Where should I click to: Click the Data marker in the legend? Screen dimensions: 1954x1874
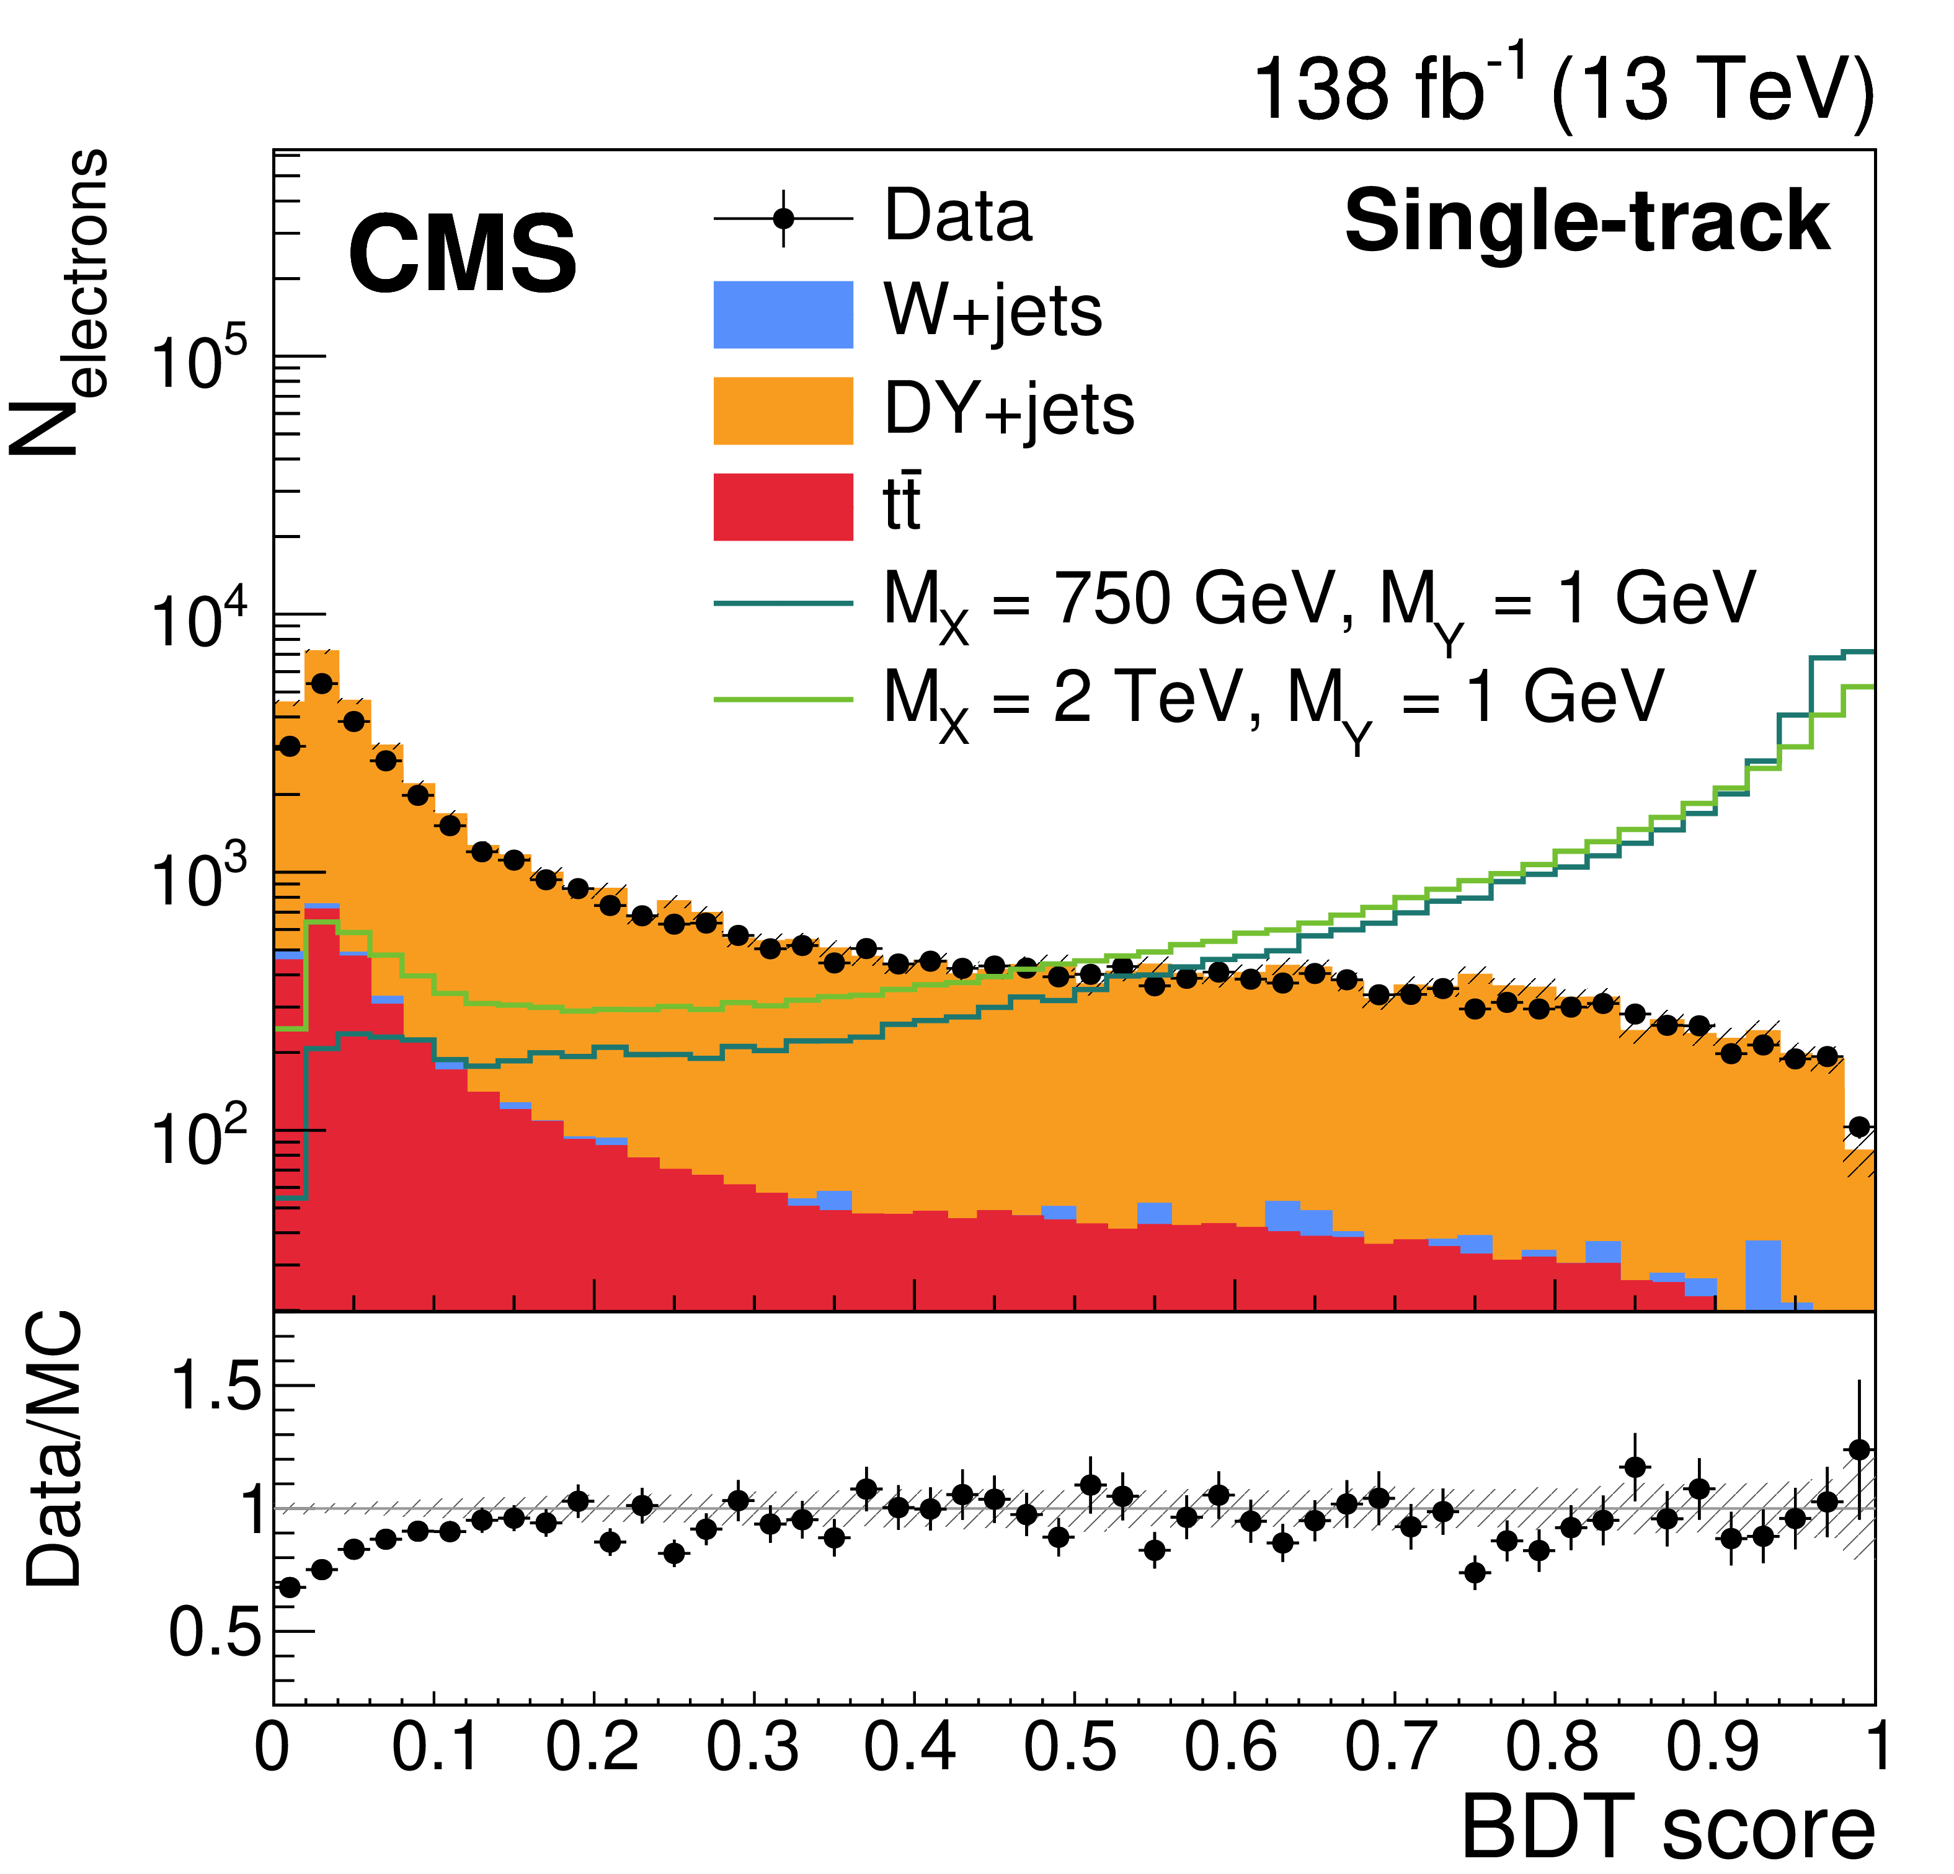pyautogui.click(x=784, y=218)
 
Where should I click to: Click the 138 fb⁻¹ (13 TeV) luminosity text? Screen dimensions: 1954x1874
pyautogui.click(x=1562, y=90)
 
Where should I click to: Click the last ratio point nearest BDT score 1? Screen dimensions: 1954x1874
pyautogui.click(x=1859, y=1449)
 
